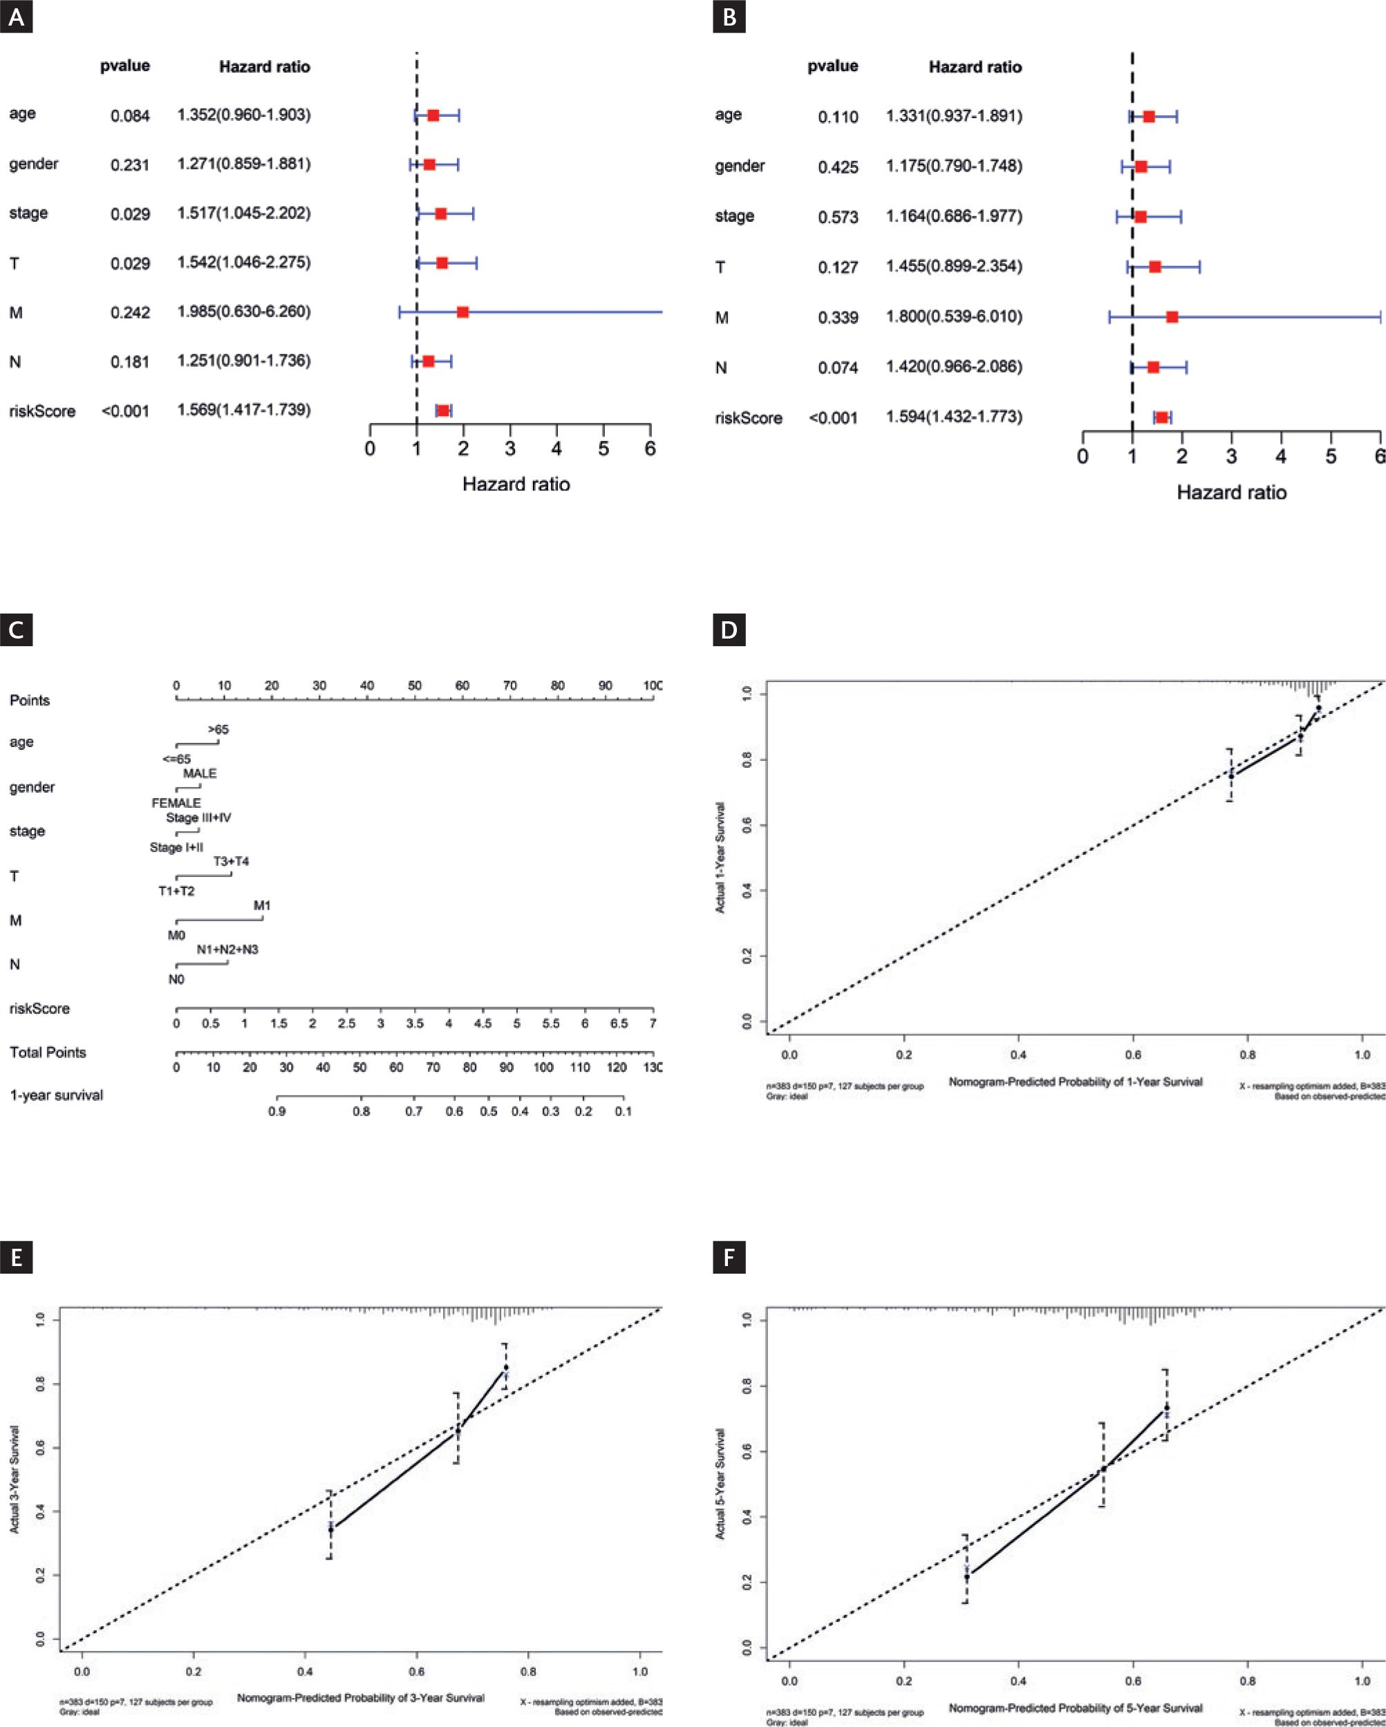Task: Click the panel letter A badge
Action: pyautogui.click(x=16, y=17)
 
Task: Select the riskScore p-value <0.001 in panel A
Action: pyautogui.click(x=125, y=411)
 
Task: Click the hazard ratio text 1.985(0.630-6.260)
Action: pyautogui.click(x=243, y=312)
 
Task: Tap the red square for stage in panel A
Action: pyautogui.click(x=440, y=214)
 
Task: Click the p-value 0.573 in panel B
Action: pyautogui.click(x=838, y=217)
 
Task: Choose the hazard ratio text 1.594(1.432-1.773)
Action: pyautogui.click(x=953, y=417)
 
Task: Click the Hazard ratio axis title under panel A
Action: pyautogui.click(x=516, y=484)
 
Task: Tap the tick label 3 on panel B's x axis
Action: pyautogui.click(x=1231, y=457)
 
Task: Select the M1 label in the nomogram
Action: pyautogui.click(x=262, y=905)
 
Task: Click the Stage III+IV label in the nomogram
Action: pyautogui.click(x=198, y=817)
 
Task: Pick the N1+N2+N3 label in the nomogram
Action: pyautogui.click(x=227, y=950)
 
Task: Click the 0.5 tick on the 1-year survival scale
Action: pyautogui.click(x=489, y=1111)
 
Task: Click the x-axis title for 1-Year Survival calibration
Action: pyautogui.click(x=1075, y=1082)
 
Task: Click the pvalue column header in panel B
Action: pyautogui.click(x=832, y=66)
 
